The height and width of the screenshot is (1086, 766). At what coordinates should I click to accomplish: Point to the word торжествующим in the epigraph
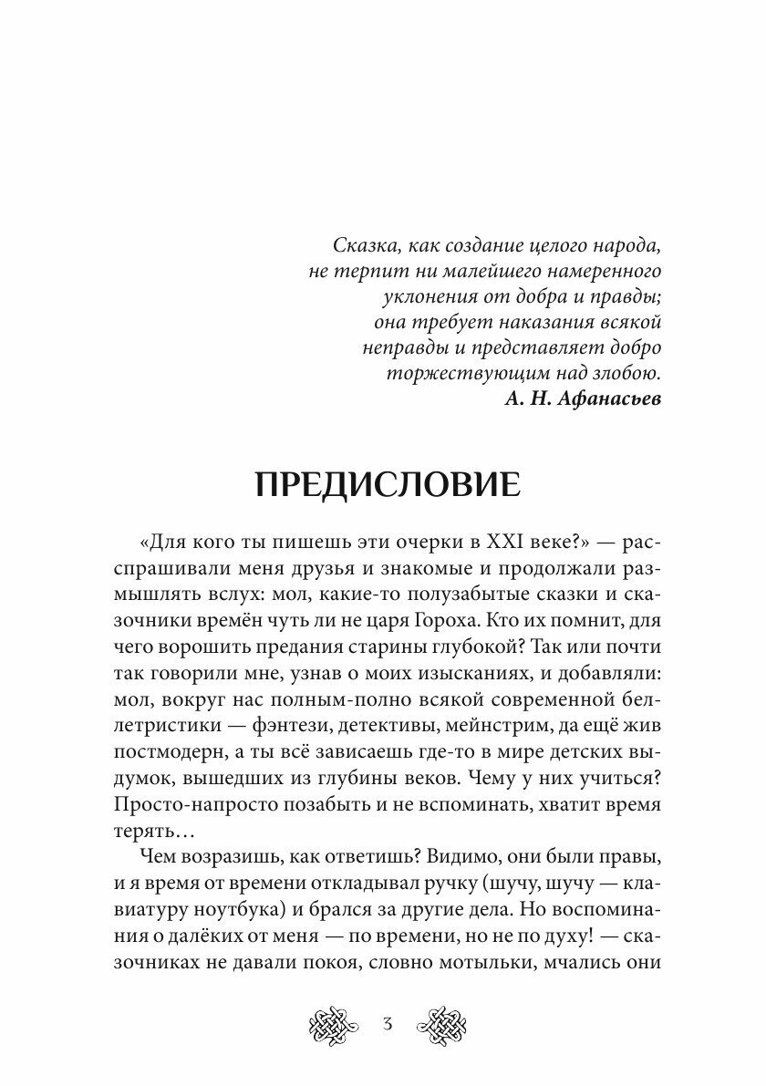click(460, 374)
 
